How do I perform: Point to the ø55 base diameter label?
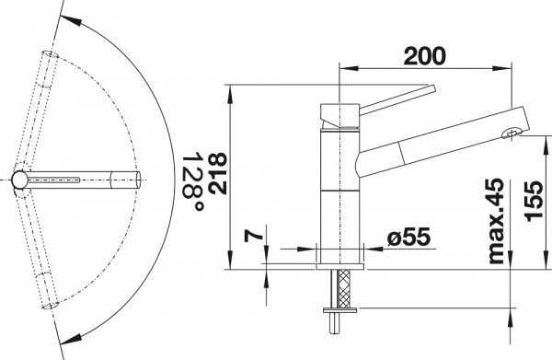[406, 238]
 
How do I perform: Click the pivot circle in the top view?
[21, 179]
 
